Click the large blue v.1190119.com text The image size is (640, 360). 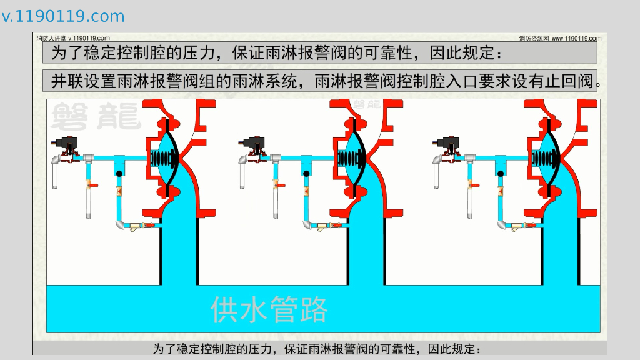coord(63,16)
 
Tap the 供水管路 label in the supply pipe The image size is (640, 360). coord(269,310)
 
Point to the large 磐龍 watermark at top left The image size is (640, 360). coord(96,116)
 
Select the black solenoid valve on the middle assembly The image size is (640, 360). coord(252,144)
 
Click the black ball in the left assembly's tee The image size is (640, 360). coord(119,174)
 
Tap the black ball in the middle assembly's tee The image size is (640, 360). coord(306,174)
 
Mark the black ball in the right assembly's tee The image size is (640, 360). coord(501,174)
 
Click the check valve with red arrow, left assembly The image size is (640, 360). coord(119,191)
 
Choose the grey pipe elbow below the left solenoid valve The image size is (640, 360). coord(56,161)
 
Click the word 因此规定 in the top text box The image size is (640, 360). coord(462,53)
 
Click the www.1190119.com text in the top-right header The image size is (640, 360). coord(576,38)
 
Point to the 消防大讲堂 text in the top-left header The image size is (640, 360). coord(51,38)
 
